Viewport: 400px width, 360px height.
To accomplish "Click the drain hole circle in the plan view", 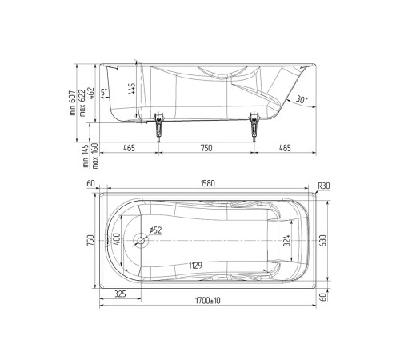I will [142, 239].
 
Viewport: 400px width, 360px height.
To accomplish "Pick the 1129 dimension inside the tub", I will [194, 266].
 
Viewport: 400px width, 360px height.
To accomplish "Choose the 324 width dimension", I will [286, 239].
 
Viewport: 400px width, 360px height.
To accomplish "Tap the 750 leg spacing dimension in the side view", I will [206, 148].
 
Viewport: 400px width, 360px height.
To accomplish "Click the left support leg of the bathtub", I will [158, 126].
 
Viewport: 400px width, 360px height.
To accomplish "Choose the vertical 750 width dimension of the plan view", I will [92, 239].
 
